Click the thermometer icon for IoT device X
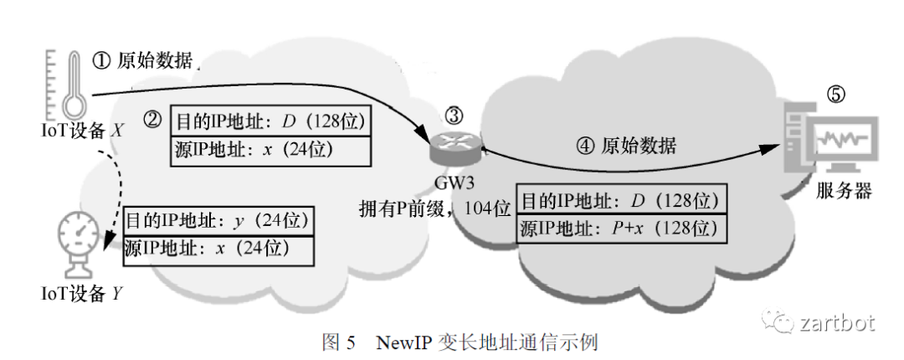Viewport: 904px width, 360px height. tap(74, 83)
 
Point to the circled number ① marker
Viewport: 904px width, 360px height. tap(100, 60)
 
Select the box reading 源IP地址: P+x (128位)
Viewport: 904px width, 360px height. tap(619, 227)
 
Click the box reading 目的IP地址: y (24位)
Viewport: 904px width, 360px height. tap(218, 222)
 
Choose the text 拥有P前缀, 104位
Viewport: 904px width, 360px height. tap(429, 206)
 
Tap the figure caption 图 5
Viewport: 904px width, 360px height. tap(339, 342)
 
